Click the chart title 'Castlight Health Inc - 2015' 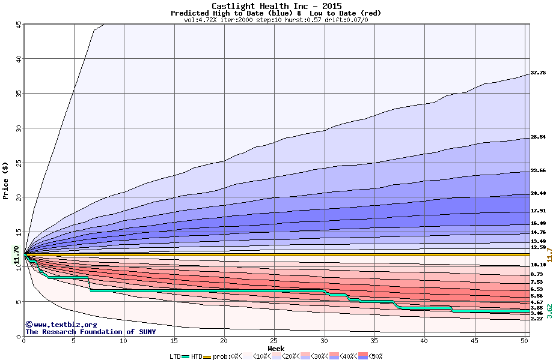click(276, 6)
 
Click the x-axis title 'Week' click(276, 348)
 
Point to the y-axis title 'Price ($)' click(6, 181)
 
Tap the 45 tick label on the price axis click(17, 25)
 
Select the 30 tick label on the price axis click(17, 128)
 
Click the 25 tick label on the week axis click(274, 341)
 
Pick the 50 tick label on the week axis click(524, 341)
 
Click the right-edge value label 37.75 click(538, 73)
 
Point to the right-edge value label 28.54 click(538, 137)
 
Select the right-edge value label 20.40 click(538, 193)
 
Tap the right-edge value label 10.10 click(538, 265)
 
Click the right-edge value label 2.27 click(537, 319)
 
